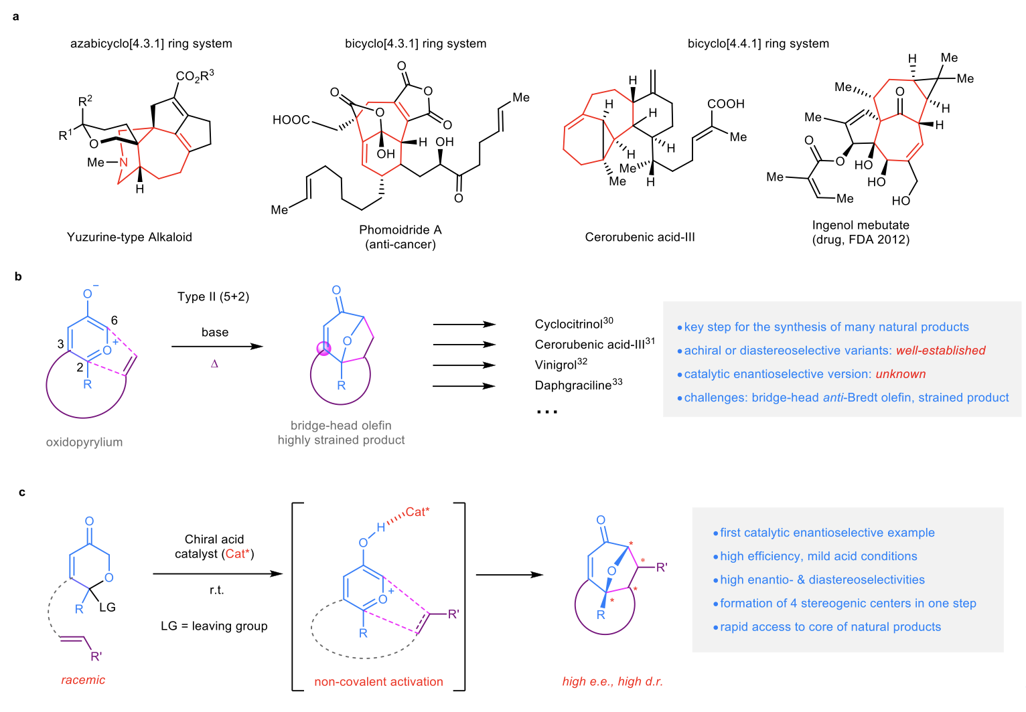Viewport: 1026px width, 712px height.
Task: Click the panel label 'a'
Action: (x=16, y=17)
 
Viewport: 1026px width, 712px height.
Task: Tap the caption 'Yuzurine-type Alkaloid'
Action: (x=129, y=237)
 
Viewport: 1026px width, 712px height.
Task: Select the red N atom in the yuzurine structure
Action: (x=123, y=163)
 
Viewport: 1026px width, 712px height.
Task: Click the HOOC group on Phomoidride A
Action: (x=291, y=120)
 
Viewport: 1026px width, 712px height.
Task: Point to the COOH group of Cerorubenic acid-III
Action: (x=726, y=104)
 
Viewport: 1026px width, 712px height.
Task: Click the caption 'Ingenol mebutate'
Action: (x=861, y=225)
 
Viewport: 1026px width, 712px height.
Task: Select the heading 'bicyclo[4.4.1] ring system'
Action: (x=758, y=43)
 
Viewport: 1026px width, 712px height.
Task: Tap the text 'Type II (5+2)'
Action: (x=213, y=296)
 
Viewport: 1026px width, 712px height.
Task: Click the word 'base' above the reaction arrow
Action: (x=215, y=332)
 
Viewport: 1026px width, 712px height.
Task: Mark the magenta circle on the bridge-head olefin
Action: (x=324, y=348)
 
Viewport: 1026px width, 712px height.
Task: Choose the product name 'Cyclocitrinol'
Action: (x=569, y=325)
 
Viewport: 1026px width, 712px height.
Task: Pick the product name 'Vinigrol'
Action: (x=556, y=365)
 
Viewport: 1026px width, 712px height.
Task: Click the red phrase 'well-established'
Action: (x=940, y=351)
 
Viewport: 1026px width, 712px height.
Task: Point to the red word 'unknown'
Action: (x=900, y=374)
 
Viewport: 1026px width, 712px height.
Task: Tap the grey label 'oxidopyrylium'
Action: (x=84, y=442)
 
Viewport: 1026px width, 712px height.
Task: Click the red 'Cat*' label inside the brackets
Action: (x=417, y=512)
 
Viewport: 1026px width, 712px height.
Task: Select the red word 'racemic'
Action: (x=83, y=680)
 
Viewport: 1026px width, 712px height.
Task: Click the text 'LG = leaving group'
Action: (x=214, y=626)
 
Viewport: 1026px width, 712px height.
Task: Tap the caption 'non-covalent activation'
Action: (x=378, y=682)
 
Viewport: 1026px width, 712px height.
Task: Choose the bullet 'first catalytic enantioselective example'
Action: (x=827, y=533)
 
